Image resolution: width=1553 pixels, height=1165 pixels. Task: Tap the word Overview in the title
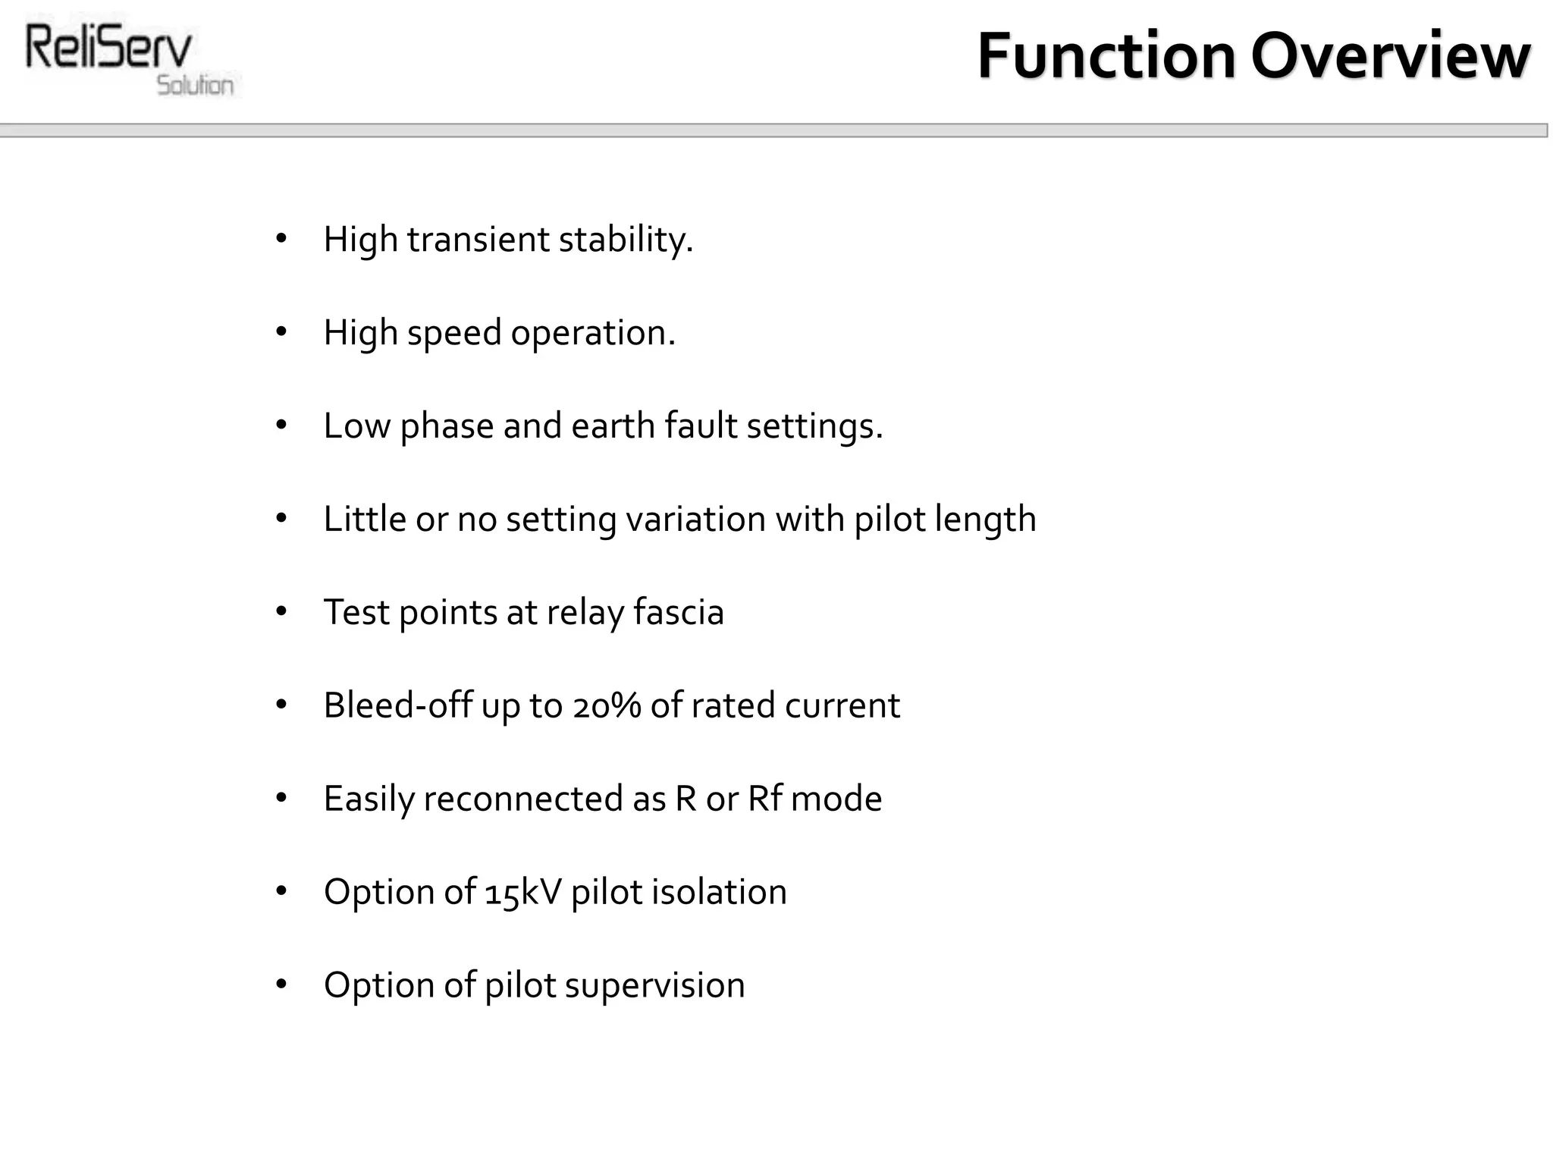click(1390, 56)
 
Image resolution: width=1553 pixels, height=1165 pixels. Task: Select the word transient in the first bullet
click(478, 240)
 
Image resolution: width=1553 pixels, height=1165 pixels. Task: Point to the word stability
click(626, 240)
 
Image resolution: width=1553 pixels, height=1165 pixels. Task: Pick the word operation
click(593, 333)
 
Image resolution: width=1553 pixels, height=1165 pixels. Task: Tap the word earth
click(613, 425)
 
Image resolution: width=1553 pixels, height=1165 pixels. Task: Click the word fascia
click(678, 612)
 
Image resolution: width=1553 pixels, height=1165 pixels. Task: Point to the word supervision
click(654, 985)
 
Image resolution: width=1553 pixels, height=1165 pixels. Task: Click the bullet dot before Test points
click(281, 611)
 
